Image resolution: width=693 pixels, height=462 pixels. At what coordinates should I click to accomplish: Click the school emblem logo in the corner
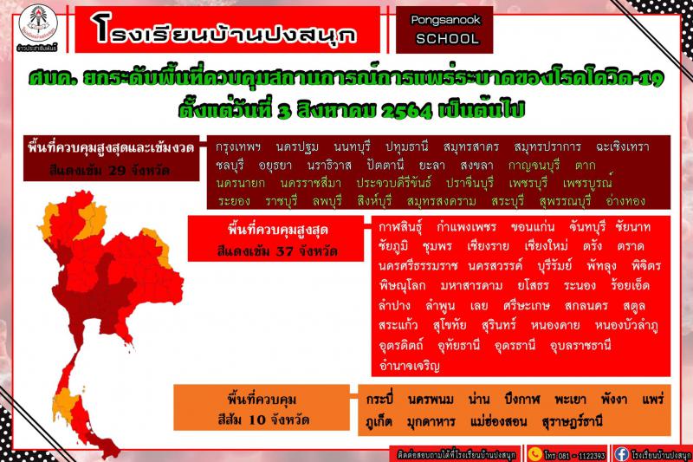coord(38,25)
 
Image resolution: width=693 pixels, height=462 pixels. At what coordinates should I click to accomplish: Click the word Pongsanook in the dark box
coord(445,20)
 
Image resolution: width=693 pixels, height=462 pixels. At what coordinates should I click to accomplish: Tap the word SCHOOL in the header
coord(447,39)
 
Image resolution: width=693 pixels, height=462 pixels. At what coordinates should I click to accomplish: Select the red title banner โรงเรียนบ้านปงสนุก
coord(227,29)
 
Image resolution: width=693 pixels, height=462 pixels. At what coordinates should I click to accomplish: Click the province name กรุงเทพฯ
coord(237,147)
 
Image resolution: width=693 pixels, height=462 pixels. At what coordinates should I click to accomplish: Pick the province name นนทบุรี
coord(352,147)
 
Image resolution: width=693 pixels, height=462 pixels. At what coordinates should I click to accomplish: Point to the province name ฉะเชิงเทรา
coord(622,147)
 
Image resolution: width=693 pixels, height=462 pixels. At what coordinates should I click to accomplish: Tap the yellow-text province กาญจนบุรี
coord(534,166)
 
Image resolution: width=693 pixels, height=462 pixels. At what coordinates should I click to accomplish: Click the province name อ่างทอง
coord(625,201)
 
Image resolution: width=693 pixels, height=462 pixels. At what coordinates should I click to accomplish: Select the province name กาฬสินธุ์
coord(400,228)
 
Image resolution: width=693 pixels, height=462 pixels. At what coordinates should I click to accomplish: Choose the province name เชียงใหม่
coord(546,246)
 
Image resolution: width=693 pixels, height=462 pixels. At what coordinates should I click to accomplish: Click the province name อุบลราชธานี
coord(580,345)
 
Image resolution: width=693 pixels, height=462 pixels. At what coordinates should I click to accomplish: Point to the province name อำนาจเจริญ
coord(409,366)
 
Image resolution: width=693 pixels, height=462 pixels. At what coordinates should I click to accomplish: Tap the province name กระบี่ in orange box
coord(379,400)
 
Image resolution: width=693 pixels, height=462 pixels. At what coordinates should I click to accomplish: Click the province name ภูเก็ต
coord(379,421)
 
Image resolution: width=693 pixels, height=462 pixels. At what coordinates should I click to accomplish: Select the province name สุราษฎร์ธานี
coord(572,422)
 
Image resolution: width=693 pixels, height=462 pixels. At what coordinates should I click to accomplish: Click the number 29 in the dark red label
coord(117,170)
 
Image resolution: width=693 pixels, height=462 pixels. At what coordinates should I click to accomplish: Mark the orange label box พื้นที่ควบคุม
coord(262,407)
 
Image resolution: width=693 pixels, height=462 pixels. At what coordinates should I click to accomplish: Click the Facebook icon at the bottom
coord(621,454)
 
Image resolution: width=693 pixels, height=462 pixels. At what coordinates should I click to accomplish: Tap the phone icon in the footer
coord(534,454)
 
